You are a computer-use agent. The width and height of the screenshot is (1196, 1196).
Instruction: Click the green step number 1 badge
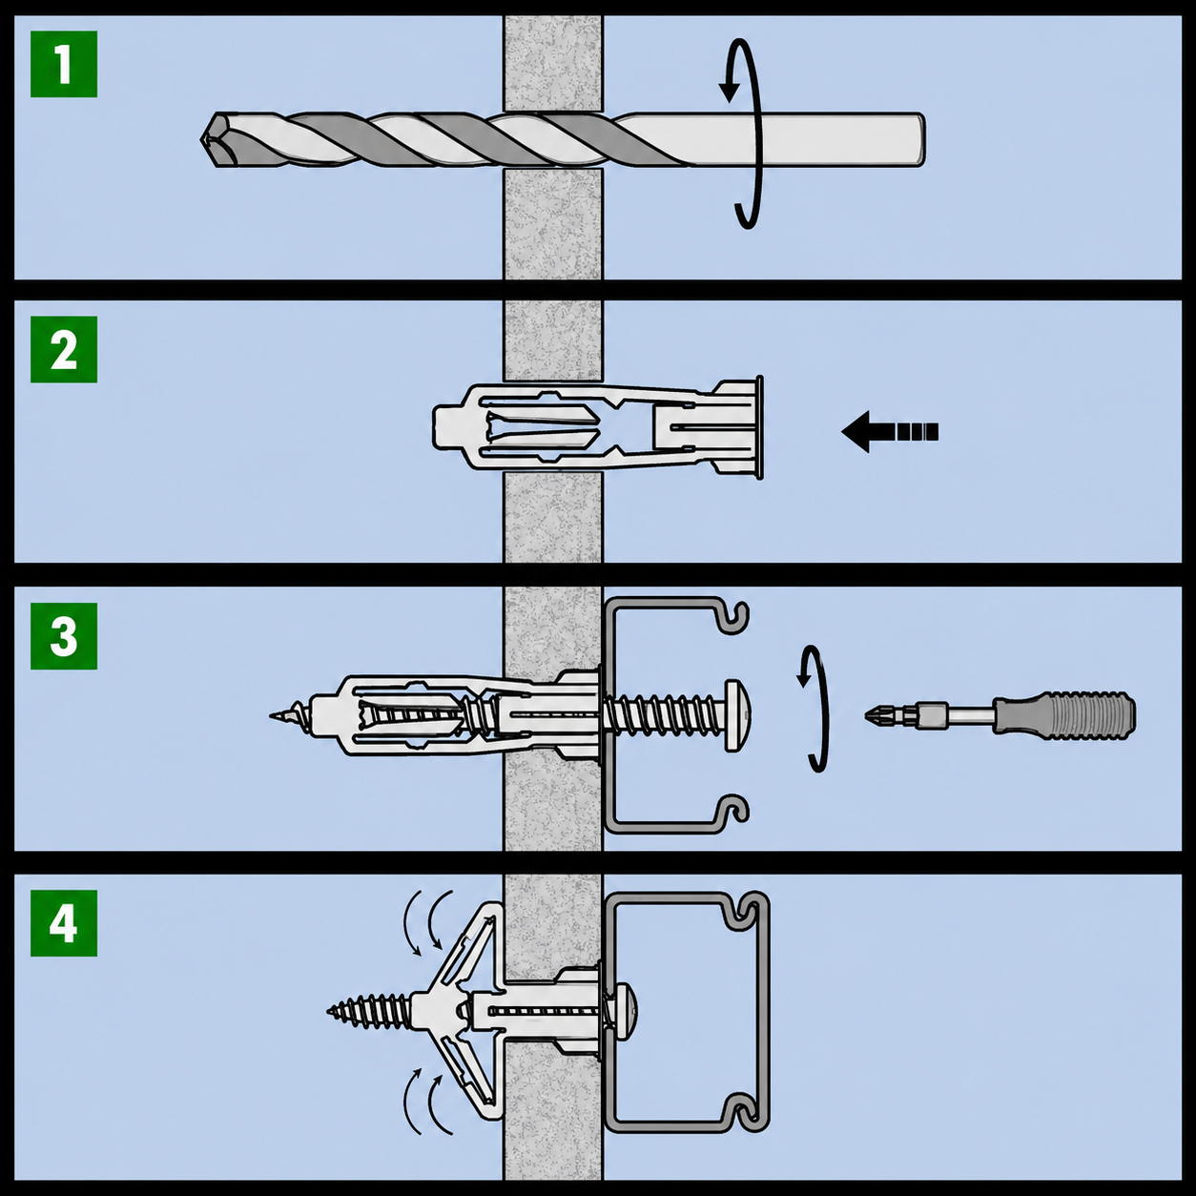click(x=64, y=64)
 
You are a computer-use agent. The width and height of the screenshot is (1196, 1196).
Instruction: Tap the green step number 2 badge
click(x=64, y=349)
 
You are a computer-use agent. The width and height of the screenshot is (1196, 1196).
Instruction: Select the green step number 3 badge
click(x=64, y=635)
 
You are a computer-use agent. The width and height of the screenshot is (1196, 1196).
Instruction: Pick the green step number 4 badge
click(x=64, y=923)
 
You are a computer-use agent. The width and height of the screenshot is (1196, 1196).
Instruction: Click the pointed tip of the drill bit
click(x=201, y=139)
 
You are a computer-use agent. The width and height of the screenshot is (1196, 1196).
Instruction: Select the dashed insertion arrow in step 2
click(x=889, y=432)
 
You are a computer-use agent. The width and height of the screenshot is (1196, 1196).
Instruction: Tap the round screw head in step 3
click(x=738, y=707)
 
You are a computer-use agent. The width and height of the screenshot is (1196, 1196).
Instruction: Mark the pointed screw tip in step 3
click(x=273, y=716)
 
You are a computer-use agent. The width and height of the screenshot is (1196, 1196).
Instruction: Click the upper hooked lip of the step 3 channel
click(x=735, y=618)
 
